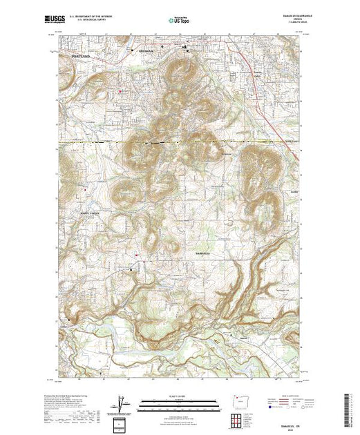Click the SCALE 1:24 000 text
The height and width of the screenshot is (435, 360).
[180, 396]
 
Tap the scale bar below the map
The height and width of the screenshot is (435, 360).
[180, 403]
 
